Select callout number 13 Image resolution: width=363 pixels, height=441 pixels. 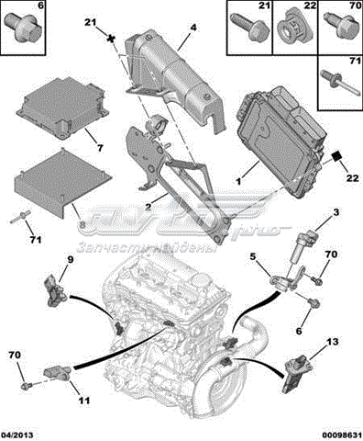coord(333,342)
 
